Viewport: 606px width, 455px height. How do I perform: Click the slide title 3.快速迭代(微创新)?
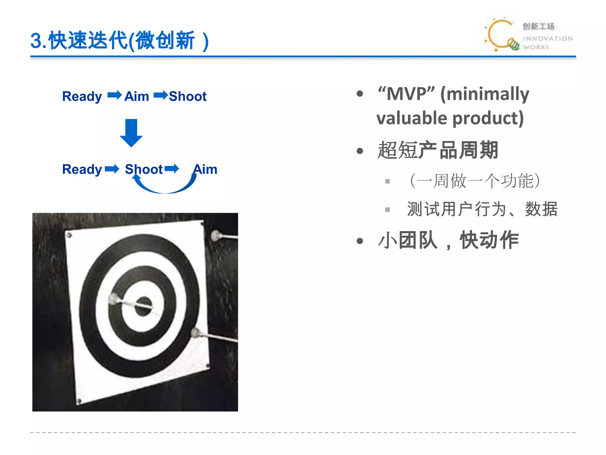(120, 41)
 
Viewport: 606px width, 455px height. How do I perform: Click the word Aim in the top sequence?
(136, 96)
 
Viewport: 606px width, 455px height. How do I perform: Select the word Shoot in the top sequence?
(188, 96)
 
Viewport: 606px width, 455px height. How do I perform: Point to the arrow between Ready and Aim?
(114, 95)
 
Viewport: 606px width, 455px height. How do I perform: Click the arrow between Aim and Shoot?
(161, 95)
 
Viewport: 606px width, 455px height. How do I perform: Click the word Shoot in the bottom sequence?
(144, 169)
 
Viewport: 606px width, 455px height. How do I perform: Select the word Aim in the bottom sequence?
(205, 169)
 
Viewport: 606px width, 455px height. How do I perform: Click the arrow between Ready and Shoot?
(112, 169)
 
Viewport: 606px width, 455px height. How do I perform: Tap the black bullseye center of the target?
(144, 306)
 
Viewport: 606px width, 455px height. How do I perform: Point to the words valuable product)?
(450, 118)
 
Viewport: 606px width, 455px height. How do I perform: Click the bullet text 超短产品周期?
(438, 150)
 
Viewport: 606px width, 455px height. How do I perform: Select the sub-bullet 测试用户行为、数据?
(482, 209)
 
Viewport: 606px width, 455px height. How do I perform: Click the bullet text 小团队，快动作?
(448, 240)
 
